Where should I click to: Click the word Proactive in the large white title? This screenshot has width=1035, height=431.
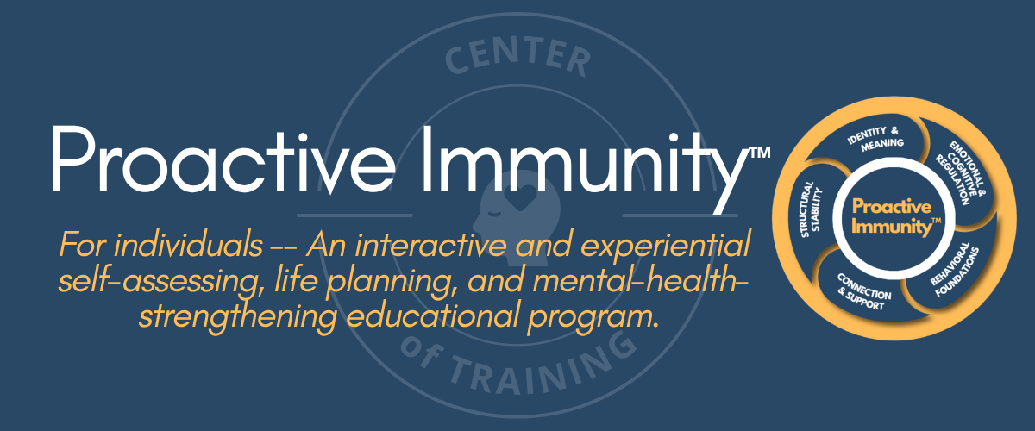[x=223, y=160]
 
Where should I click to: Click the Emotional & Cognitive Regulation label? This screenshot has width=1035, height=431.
[x=961, y=172]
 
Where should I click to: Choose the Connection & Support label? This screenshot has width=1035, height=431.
[x=864, y=292]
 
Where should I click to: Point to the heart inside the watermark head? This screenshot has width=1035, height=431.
[x=520, y=197]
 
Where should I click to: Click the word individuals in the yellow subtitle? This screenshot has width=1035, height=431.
[x=189, y=245]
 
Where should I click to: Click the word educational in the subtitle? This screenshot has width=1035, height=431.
[x=432, y=316]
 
